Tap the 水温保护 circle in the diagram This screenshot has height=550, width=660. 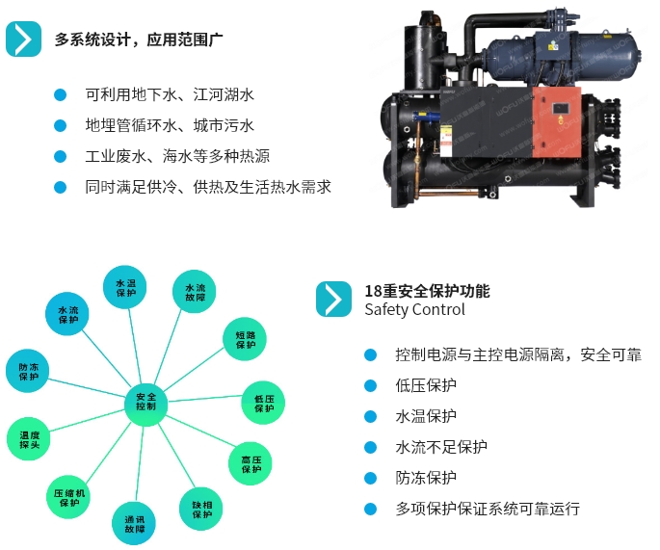click(x=125, y=288)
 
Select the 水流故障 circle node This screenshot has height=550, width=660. click(x=195, y=293)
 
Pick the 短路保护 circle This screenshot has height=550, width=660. click(x=246, y=339)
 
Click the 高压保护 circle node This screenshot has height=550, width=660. click(x=251, y=463)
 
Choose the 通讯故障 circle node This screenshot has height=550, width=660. click(x=134, y=524)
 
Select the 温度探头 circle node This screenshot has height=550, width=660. click(x=30, y=440)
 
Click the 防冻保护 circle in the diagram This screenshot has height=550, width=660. click(x=29, y=371)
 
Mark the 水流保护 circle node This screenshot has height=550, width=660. click(x=68, y=315)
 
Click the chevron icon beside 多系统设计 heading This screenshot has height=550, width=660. click(x=23, y=39)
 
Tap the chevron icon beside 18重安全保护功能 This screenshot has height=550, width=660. click(x=333, y=300)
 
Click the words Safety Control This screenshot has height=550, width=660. click(x=414, y=310)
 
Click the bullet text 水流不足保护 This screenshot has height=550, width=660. click(x=441, y=447)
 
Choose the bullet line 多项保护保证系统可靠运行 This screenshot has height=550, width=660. click(x=488, y=509)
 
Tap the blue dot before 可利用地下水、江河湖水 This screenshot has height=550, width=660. click(x=60, y=94)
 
